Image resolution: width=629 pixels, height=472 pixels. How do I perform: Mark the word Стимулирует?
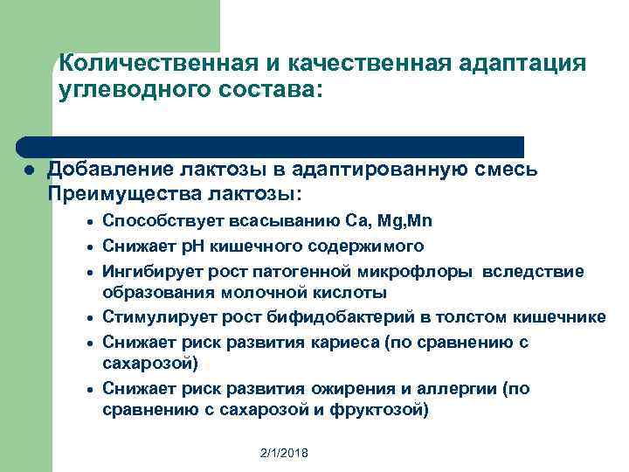point(153,316)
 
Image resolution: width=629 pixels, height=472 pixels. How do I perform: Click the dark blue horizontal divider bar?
point(271,146)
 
